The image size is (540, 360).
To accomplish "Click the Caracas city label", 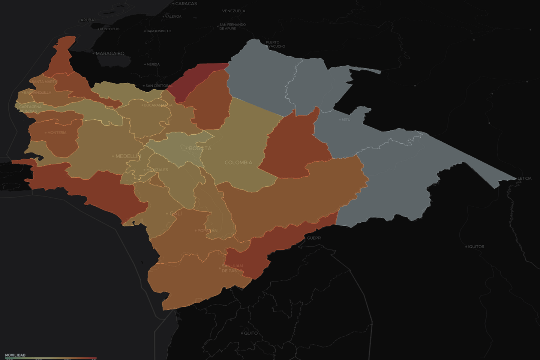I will click(x=186, y=4).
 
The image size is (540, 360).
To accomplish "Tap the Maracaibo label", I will click(x=110, y=54).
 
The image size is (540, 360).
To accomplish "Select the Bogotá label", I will click(x=200, y=148).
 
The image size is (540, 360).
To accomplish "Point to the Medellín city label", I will click(x=128, y=156).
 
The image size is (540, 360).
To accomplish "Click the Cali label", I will click(x=175, y=213).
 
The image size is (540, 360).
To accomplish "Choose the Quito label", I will click(x=250, y=333).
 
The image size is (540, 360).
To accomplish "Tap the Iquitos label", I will click(x=476, y=247).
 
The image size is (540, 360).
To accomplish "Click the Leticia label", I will click(x=524, y=178).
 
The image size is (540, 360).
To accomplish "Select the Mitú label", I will click(x=346, y=120).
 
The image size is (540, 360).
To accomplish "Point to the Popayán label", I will click(x=207, y=231).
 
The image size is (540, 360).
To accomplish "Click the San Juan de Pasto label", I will click(x=232, y=268).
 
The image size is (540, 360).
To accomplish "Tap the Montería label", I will click(x=57, y=133).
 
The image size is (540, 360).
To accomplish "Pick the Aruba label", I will click(x=87, y=20).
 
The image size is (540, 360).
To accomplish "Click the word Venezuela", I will click(x=234, y=11).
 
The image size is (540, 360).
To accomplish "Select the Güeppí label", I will click(x=314, y=238).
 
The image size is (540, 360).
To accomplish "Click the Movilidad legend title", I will click(x=15, y=355).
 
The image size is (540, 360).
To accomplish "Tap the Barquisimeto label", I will click(x=159, y=31).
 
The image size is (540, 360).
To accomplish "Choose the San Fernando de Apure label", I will click(x=232, y=27).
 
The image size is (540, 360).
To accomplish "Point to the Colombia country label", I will click(x=238, y=163).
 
